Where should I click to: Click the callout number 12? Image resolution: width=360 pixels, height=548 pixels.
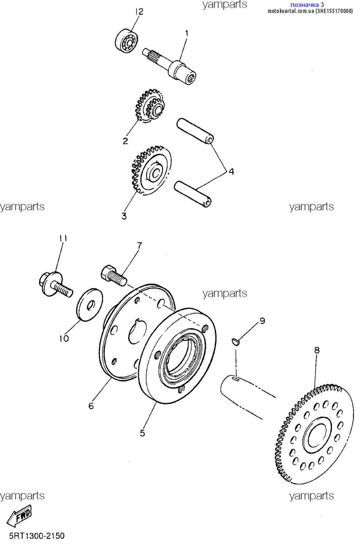coord(139,12)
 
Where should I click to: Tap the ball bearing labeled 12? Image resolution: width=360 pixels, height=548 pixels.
coord(127,41)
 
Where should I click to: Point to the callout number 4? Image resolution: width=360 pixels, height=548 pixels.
coord(231,171)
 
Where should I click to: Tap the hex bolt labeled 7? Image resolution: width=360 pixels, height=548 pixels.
coord(113,275)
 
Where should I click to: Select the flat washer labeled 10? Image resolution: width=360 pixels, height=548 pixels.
coord(89,304)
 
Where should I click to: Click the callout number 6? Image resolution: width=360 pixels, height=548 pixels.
coord(91,406)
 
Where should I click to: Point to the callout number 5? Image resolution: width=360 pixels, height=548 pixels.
coord(143,433)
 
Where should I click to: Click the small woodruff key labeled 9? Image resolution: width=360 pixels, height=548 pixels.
coord(236,342)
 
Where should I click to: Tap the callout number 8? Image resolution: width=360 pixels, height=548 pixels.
coord(317,350)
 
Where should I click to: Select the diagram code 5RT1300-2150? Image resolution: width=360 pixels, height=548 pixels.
coord(37,536)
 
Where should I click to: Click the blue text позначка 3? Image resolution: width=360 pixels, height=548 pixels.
coord(307,5)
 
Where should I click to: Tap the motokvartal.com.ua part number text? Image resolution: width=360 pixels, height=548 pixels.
coord(310,11)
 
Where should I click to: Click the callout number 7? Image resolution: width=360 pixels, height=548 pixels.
coord(139,245)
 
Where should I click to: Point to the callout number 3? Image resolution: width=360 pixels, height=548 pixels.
coord(124,216)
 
